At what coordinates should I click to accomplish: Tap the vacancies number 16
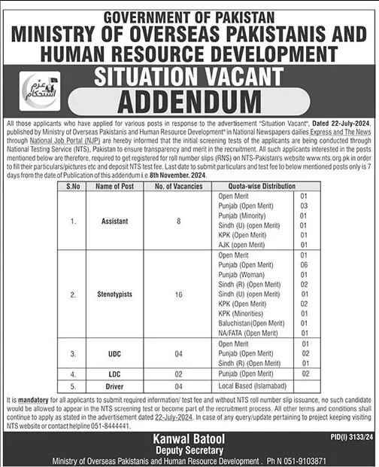pos(179,296)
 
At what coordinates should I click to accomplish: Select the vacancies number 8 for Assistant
pos(179,222)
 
